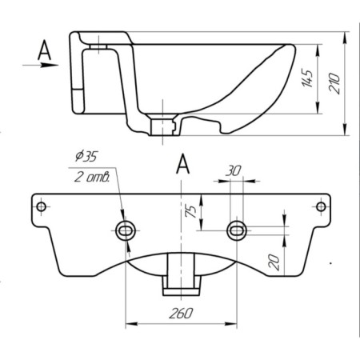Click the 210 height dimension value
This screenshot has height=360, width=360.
click(335, 82)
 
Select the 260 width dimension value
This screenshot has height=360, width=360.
click(182, 316)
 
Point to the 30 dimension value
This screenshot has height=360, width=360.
click(234, 170)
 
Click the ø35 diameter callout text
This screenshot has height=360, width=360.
click(85, 155)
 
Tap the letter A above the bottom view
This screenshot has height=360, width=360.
click(182, 165)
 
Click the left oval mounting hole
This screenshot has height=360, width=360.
click(126, 230)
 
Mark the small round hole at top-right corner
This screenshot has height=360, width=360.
click(321, 207)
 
